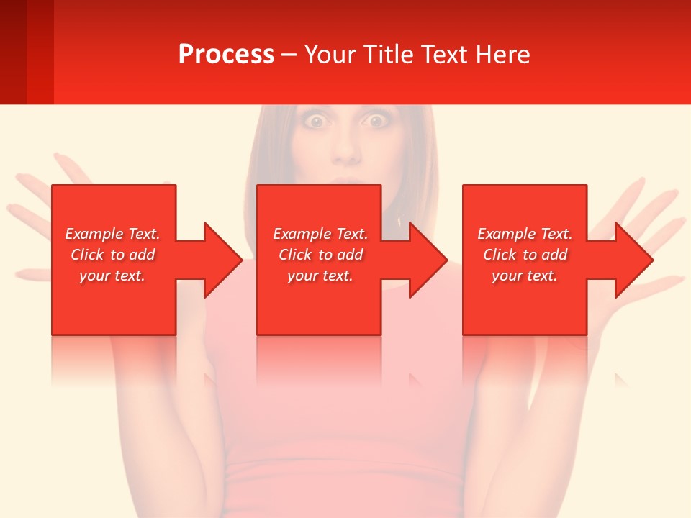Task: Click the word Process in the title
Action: [x=226, y=55]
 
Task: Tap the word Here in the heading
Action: [x=502, y=55]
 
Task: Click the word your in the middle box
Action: [x=302, y=276]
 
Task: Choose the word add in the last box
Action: [x=554, y=255]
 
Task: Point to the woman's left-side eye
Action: [x=315, y=122]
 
